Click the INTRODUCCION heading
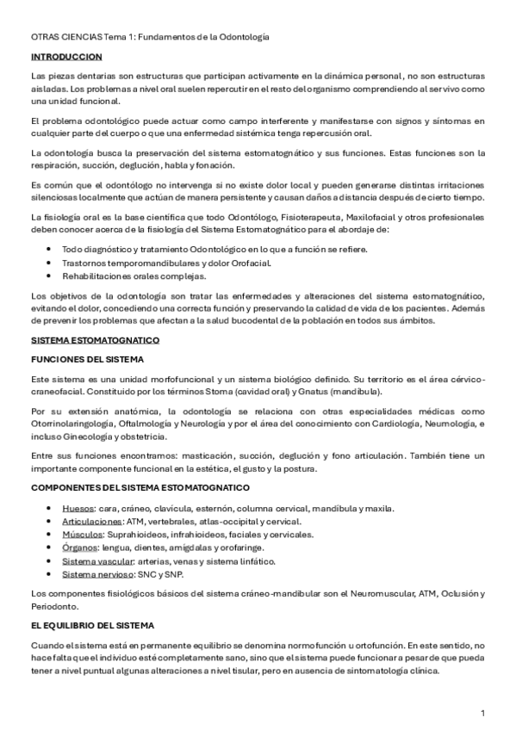[x=59, y=56]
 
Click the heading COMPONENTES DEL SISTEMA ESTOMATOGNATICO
[x=128, y=488]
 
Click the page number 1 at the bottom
[x=483, y=713]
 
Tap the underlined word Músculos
[x=83, y=535]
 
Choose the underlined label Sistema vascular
[x=94, y=561]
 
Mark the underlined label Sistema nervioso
[x=95, y=574]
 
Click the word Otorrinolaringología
[x=71, y=424]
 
